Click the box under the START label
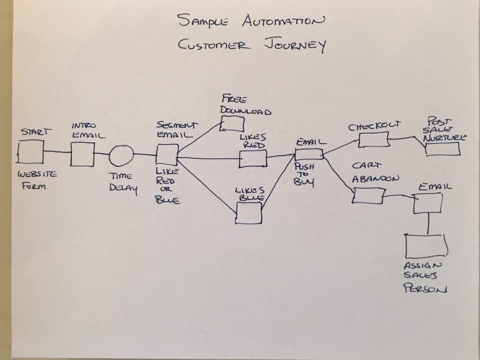30,151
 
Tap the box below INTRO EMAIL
82,154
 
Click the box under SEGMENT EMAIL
166,155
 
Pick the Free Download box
233,122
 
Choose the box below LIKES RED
253,159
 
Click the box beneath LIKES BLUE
248,212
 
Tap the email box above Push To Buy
309,154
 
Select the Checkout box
374,139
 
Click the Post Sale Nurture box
443,149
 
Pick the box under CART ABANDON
368,195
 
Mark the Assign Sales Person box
426,246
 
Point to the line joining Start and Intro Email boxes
57,151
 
